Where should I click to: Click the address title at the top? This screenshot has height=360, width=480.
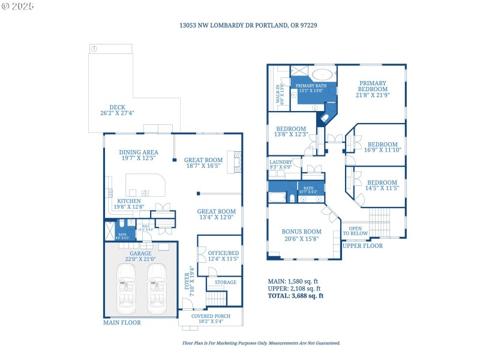pyautogui.click(x=239, y=26)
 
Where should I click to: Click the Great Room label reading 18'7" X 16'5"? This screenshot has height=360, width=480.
pyautogui.click(x=203, y=163)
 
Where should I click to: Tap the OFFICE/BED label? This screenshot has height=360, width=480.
pyautogui.click(x=223, y=256)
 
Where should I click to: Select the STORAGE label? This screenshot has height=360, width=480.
pyautogui.click(x=225, y=282)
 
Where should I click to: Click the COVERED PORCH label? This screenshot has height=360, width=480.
pyautogui.click(x=211, y=319)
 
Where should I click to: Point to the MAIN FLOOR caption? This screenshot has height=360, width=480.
pyautogui.click(x=122, y=323)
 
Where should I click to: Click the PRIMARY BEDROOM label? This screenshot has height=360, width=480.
pyautogui.click(x=372, y=89)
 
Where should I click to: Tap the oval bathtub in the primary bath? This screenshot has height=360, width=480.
pyautogui.click(x=323, y=76)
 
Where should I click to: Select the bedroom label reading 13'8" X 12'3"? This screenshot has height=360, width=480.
pyautogui.click(x=290, y=131)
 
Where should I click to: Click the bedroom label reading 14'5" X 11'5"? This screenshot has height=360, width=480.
pyautogui.click(x=382, y=185)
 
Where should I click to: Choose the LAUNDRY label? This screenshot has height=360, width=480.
pyautogui.click(x=281, y=165)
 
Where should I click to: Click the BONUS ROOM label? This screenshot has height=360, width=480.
pyautogui.click(x=301, y=235)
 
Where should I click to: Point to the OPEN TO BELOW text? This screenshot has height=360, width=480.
pyautogui.click(x=356, y=231)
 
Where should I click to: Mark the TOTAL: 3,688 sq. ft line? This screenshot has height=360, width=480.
pyautogui.click(x=295, y=295)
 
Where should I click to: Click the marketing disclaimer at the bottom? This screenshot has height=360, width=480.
pyautogui.click(x=261, y=343)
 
